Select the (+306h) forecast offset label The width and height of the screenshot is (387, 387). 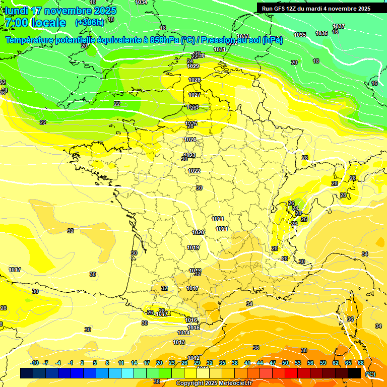pos(90,22)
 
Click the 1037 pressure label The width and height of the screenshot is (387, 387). pos(339,26)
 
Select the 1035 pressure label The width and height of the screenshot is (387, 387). pos(300,35)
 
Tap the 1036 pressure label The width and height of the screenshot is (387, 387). pos(321,33)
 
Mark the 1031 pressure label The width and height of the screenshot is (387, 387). pos(219,49)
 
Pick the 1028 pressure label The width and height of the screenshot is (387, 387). pos(195,80)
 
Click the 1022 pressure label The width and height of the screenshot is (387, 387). pos(194,171)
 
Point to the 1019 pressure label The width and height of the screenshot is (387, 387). pos(193,247)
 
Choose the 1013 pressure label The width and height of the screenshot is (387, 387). pos(179,342)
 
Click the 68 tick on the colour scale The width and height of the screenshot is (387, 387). pos(361,363)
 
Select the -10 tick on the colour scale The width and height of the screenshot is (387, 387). pos(35,363)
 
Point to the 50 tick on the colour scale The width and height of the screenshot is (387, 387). pos(285,363)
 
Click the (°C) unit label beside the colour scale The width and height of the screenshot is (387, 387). pos(370,374)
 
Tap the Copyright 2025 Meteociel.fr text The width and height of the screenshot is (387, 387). pos(214,383)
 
